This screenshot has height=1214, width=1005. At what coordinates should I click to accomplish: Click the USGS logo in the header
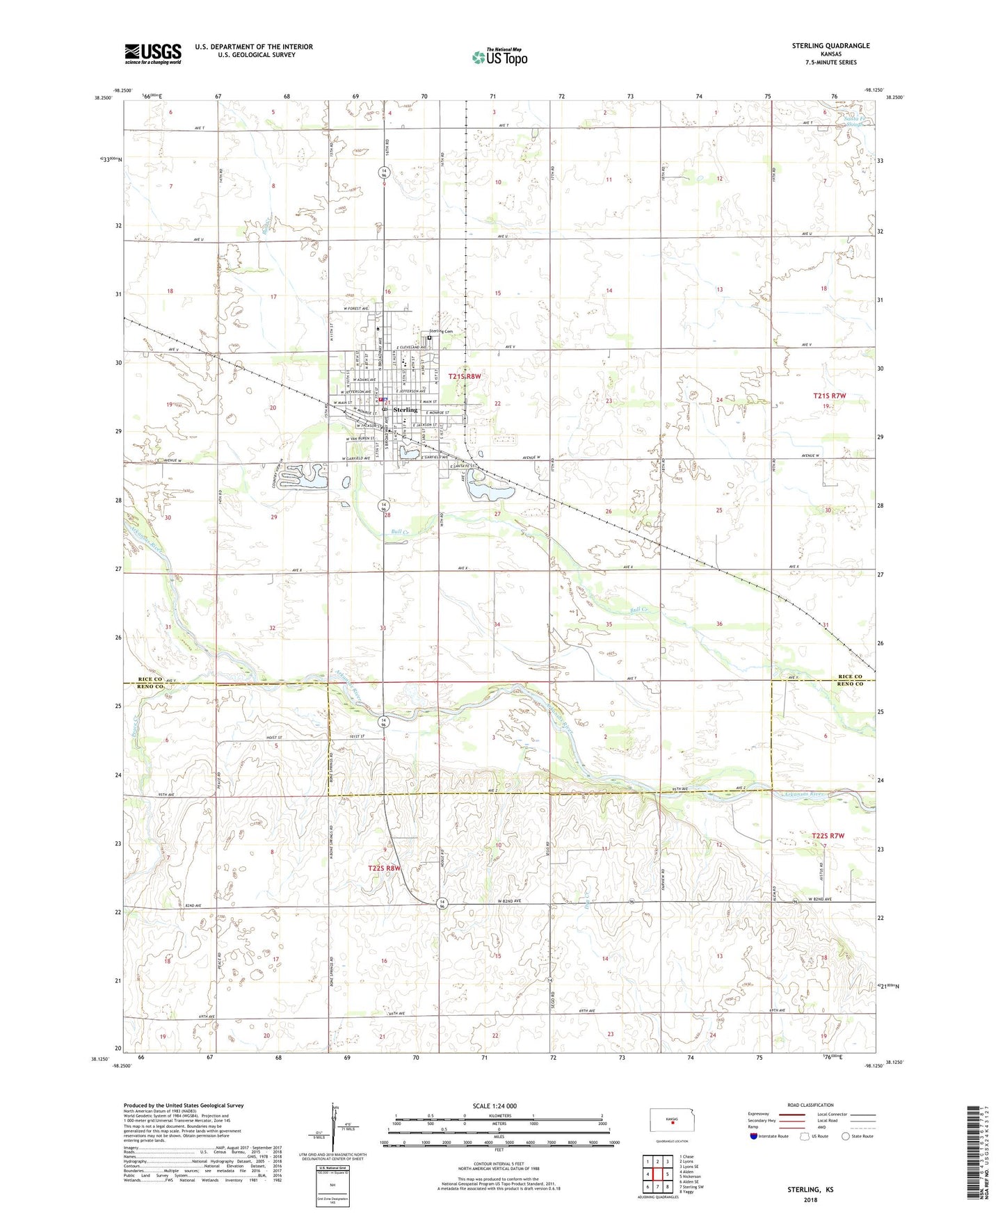(x=153, y=54)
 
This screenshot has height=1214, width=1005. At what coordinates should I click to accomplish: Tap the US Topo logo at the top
(x=499, y=58)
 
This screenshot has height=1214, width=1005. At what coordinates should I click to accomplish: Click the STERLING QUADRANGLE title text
(x=830, y=46)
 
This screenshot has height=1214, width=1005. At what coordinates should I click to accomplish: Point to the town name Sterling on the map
(x=405, y=410)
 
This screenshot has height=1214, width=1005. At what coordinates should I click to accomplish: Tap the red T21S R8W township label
(x=465, y=376)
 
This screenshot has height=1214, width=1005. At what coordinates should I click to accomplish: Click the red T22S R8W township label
(x=385, y=868)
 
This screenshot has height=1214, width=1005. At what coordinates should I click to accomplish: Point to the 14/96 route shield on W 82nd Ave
(x=442, y=903)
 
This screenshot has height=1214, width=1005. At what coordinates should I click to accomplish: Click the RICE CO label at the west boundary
(x=150, y=679)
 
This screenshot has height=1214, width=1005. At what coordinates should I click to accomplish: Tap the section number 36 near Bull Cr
(x=719, y=624)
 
